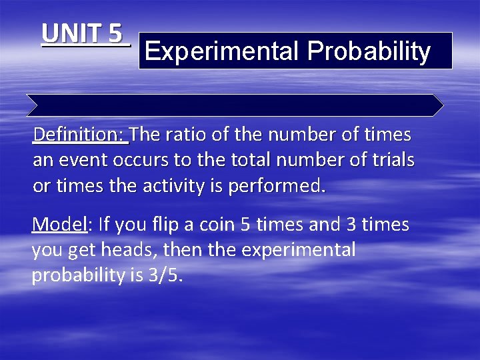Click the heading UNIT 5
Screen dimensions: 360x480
pos(83,33)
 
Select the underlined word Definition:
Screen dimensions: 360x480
pos(80,135)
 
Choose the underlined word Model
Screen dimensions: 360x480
pos(59,225)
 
